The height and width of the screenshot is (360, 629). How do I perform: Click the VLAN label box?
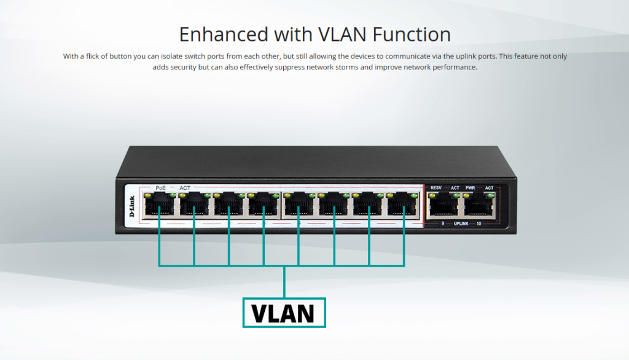(284, 313)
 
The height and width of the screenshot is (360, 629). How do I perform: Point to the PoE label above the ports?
(161, 187)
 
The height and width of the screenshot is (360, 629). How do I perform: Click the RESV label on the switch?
(436, 187)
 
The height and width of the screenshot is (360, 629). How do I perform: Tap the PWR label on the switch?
(471, 187)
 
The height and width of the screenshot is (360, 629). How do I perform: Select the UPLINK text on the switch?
(462, 224)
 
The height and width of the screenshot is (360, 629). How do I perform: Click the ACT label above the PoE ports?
(185, 187)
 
